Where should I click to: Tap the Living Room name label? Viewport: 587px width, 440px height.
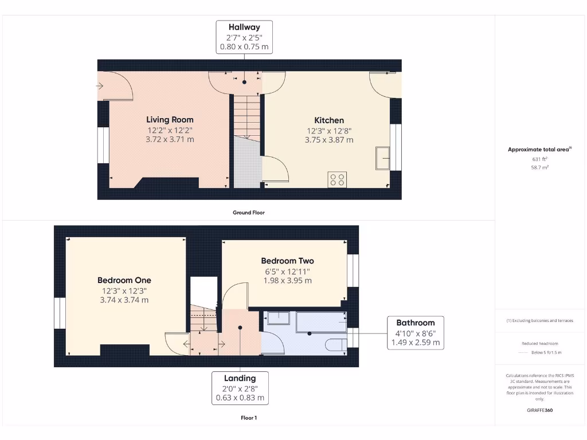click(170, 120)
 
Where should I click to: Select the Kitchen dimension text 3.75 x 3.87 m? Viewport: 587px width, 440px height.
click(329, 140)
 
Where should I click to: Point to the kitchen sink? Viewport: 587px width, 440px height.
click(382, 158)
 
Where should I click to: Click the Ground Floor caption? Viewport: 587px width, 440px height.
click(248, 213)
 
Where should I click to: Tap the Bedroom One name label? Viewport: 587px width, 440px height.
click(124, 280)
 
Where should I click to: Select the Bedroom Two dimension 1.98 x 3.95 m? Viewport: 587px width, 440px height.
click(287, 281)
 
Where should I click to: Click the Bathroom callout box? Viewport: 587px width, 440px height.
click(416, 332)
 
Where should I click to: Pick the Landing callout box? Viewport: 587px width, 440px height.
click(240, 388)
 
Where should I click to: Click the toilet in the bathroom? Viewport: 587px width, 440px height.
click(336, 344)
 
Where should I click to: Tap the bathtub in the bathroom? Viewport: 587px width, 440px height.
click(321, 322)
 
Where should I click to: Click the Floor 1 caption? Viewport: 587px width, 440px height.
click(248, 418)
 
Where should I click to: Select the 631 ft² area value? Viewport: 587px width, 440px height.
click(539, 159)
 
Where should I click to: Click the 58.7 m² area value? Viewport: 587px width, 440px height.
click(539, 167)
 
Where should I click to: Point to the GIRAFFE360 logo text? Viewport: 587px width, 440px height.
click(539, 410)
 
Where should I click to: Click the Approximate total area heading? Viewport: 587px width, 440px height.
click(539, 150)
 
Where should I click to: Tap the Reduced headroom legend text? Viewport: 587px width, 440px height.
click(539, 344)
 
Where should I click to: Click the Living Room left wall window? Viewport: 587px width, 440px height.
click(103, 145)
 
